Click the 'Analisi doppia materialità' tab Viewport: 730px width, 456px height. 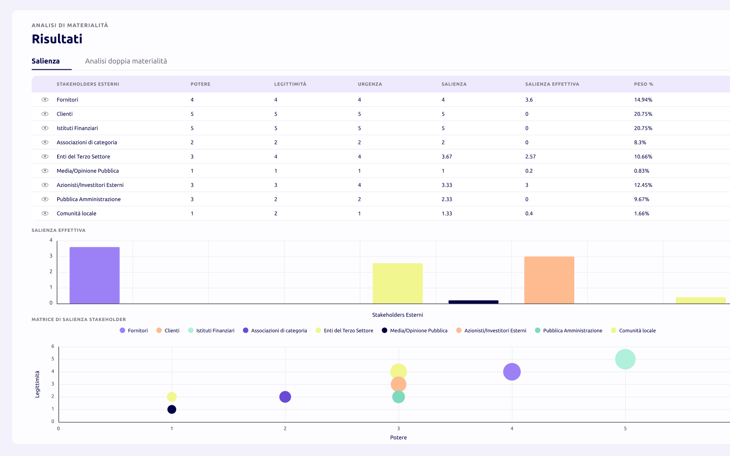pos(126,61)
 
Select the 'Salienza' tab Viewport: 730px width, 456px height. pos(45,61)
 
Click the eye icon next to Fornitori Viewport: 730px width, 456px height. pos(45,100)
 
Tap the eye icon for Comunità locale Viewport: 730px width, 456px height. pos(45,214)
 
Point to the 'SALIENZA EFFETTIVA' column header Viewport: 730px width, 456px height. pos(552,84)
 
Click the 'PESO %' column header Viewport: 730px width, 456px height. pos(644,84)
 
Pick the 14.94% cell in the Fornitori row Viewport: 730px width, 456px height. pos(643,100)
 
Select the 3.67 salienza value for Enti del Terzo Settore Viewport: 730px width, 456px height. pos(447,156)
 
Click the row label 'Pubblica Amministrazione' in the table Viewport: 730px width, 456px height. pos(89,199)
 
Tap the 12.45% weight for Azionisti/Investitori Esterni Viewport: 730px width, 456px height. pos(643,185)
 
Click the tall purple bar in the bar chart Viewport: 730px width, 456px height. pos(94,275)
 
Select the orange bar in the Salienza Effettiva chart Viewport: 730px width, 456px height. pos(549,280)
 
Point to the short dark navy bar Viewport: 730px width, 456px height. pos(473,302)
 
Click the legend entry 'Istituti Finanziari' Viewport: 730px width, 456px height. pos(211,331)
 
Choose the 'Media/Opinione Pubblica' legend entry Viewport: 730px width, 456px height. pos(414,331)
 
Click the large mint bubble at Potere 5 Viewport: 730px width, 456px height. pos(625,359)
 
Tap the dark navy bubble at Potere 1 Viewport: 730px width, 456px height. pos(172,409)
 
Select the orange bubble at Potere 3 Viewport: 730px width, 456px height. pos(398,384)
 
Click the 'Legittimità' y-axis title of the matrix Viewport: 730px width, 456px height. pos(37,384)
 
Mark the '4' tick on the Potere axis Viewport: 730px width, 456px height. pos(512,429)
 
